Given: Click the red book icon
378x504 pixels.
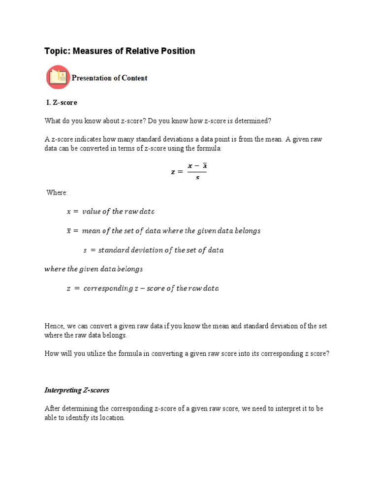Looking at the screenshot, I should pos(58,78).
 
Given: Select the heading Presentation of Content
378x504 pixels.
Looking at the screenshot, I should pos(109,78).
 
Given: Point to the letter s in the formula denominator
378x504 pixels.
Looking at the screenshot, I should pos(197,178).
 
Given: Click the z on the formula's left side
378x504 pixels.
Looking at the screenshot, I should pos(173,172).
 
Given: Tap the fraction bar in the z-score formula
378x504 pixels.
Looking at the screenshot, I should pos(197,172).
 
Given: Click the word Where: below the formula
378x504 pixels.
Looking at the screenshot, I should pos(57,192).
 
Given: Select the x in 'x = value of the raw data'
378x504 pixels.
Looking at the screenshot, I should pos(69,212).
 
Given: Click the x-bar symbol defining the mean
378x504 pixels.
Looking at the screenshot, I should pos(69,230).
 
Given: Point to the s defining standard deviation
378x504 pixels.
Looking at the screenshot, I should pos(85,250).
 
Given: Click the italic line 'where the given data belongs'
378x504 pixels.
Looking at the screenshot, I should pos(94,269).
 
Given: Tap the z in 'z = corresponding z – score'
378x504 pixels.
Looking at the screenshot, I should pos(69,288).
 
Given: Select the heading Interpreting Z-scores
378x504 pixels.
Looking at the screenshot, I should pos(77,390).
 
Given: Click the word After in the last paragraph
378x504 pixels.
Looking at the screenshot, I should pos(53,409).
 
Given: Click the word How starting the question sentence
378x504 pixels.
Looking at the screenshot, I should pos(52,354).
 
